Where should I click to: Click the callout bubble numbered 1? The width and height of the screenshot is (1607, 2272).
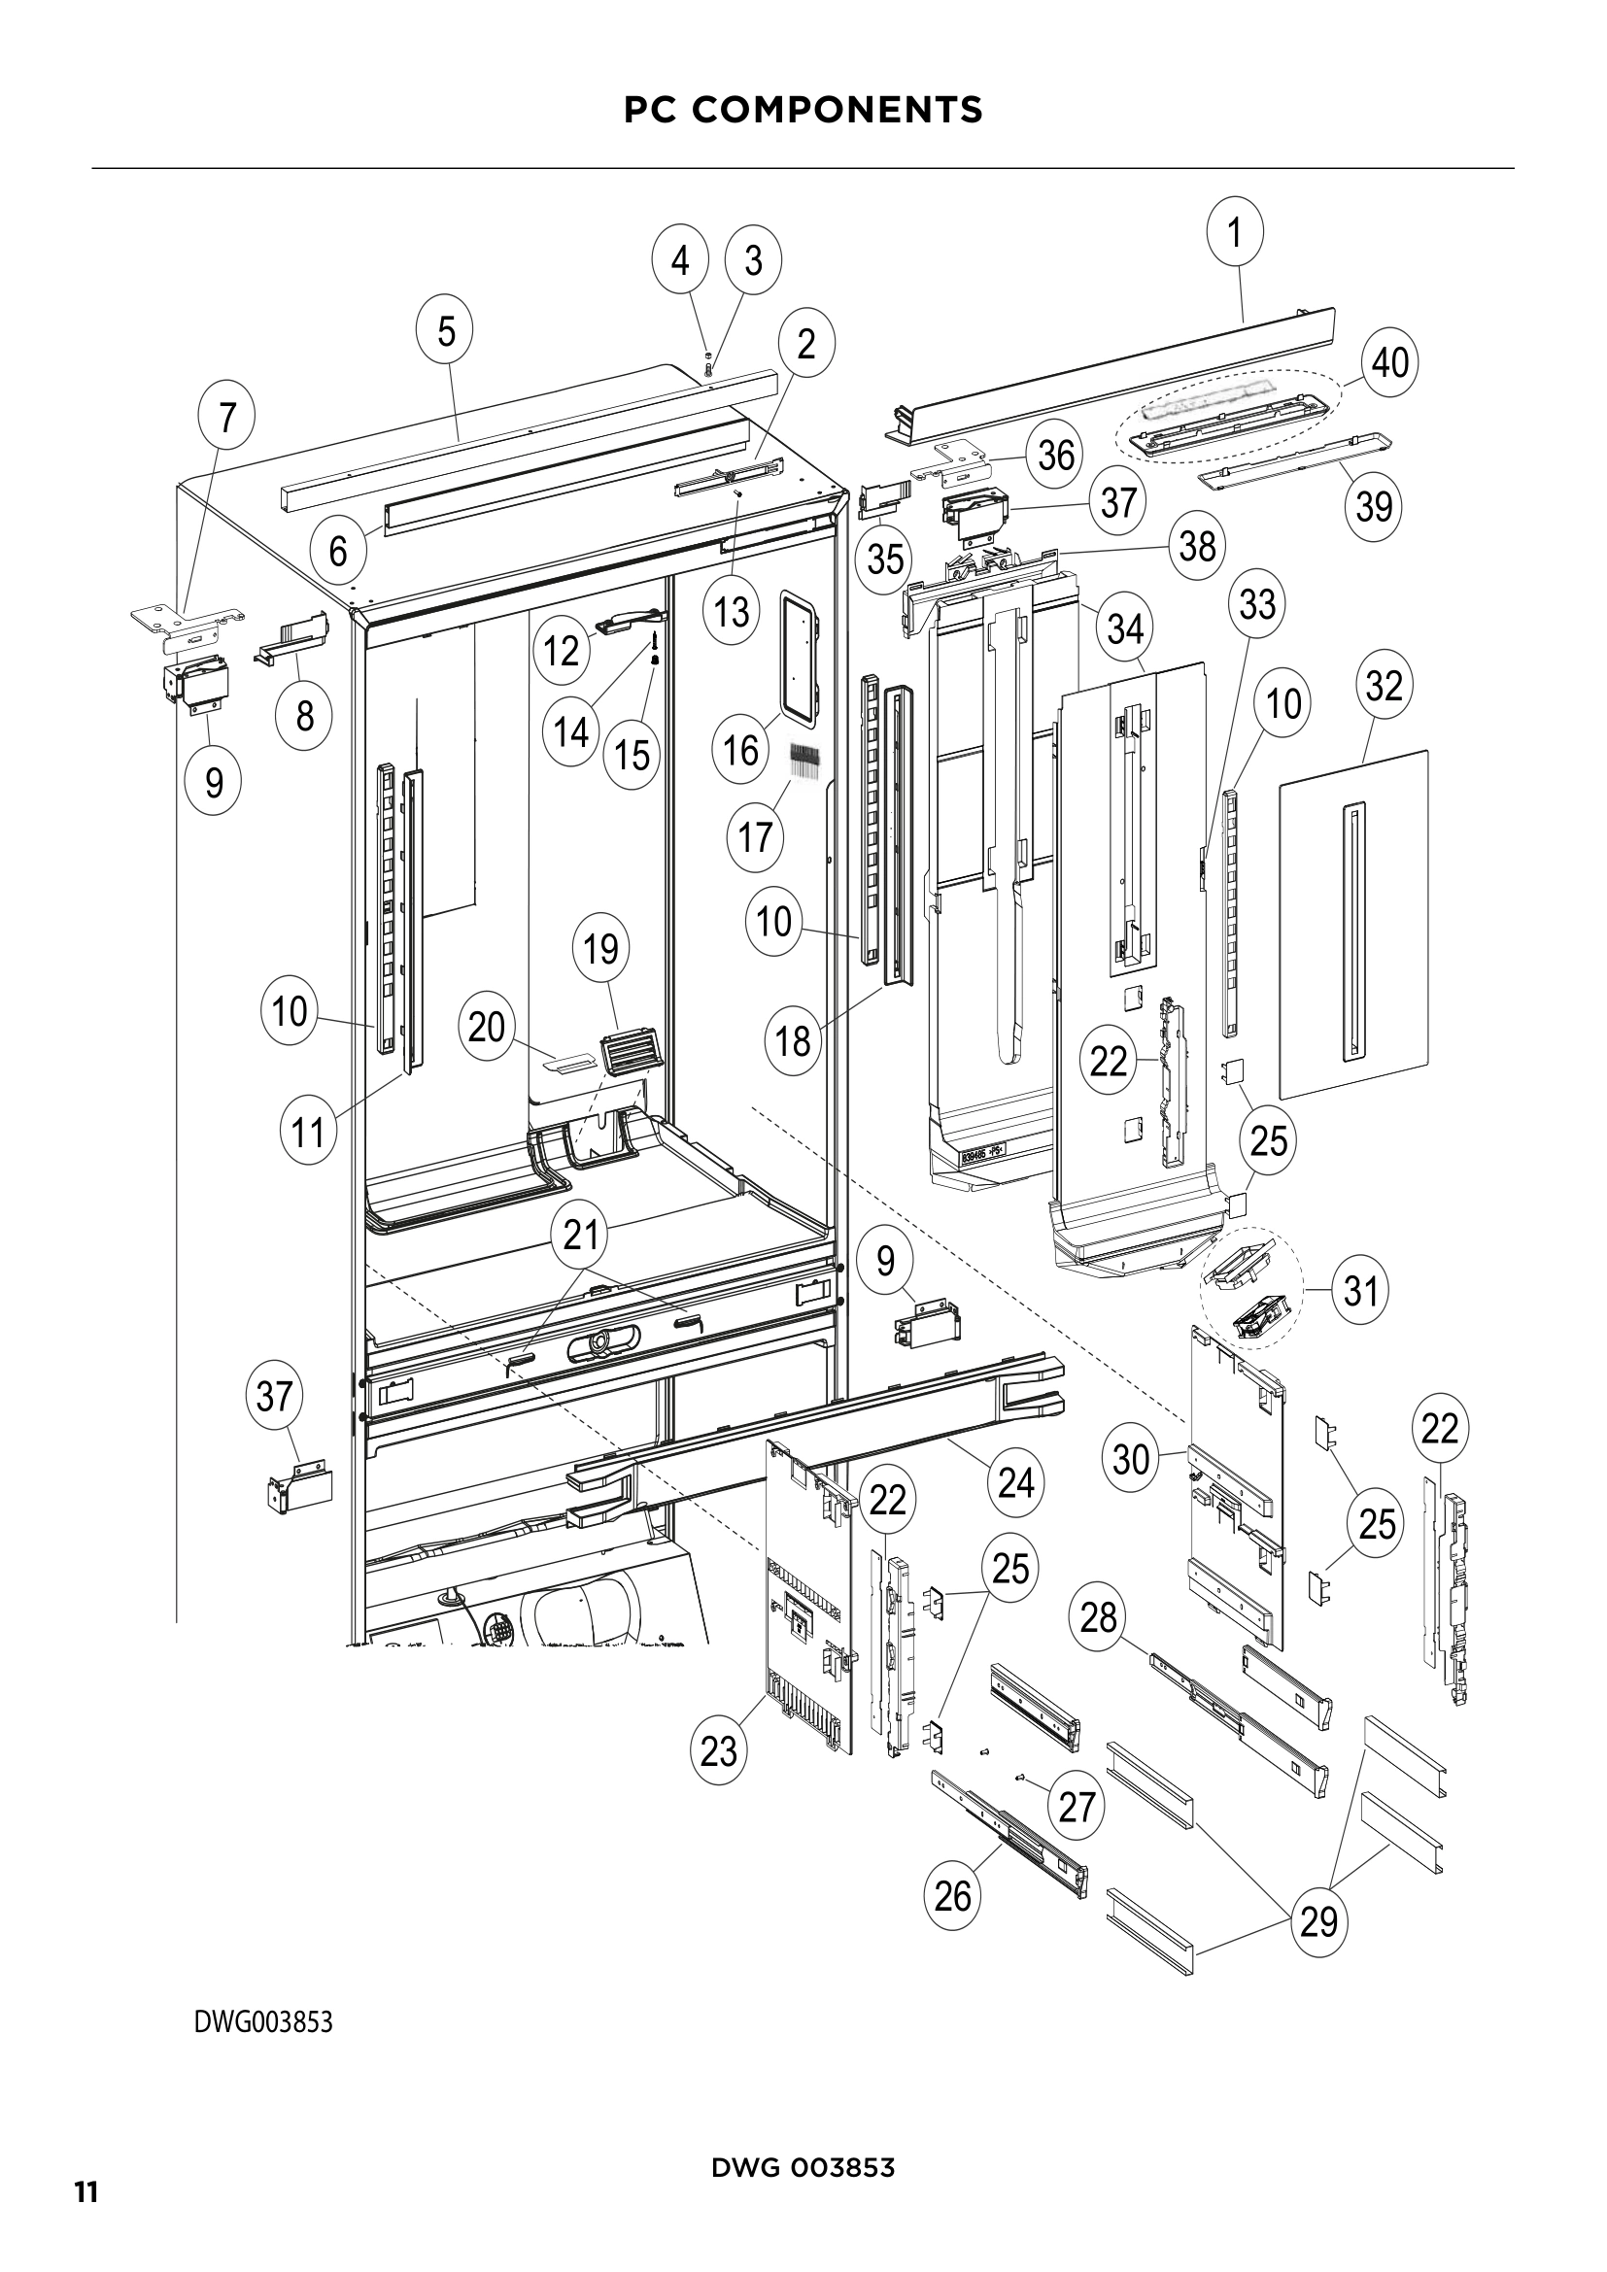tap(1235, 232)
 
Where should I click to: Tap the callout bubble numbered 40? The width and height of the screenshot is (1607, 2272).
tap(1390, 362)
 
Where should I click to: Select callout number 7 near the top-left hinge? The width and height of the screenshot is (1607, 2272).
tap(227, 418)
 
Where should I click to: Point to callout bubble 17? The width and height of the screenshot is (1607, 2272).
tap(755, 838)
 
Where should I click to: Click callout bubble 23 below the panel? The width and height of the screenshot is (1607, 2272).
tap(719, 1751)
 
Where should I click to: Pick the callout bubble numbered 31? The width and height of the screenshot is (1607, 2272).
tap(1360, 1290)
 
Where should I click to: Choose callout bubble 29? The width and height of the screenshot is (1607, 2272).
tap(1319, 1921)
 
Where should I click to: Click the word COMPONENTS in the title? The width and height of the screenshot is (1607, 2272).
tap(838, 110)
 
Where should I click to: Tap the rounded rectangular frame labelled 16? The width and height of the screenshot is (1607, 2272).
tap(803, 654)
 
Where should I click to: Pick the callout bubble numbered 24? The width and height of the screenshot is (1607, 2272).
tap(1016, 1483)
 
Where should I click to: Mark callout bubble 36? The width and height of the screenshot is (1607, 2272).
tap(1057, 456)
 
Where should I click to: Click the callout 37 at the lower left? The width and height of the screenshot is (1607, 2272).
tap(274, 1396)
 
